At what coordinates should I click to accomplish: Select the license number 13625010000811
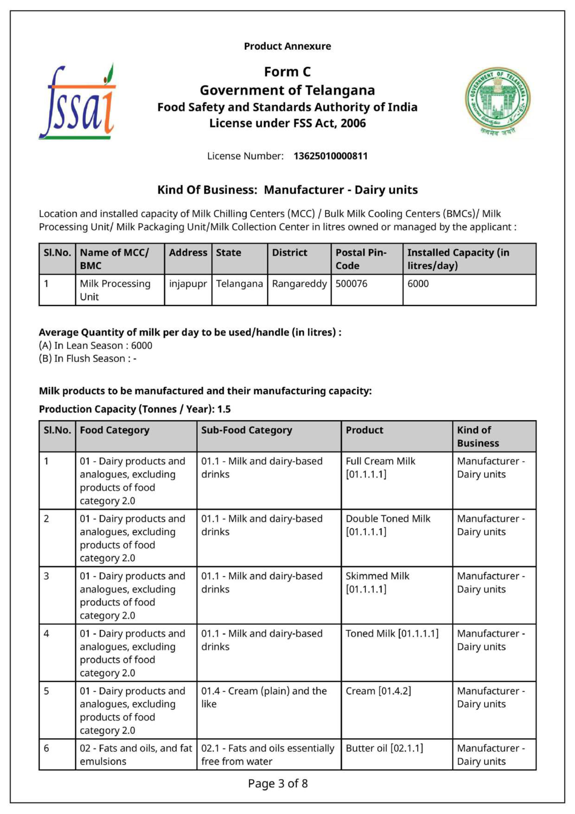tap(330, 156)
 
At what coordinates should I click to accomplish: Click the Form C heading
tap(287, 72)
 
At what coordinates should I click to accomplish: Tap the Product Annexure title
tap(287, 46)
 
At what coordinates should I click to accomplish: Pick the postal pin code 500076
tap(351, 284)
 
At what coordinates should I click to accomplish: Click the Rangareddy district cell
tap(299, 284)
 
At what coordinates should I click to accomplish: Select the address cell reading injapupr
tap(188, 284)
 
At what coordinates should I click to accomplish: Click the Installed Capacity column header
tap(458, 259)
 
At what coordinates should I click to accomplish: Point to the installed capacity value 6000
tap(418, 284)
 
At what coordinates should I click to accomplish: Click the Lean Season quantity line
tap(96, 345)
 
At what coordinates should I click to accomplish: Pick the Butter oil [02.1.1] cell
tap(384, 748)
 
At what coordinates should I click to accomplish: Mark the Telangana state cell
tap(239, 284)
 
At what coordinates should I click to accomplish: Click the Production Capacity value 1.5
tap(224, 409)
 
